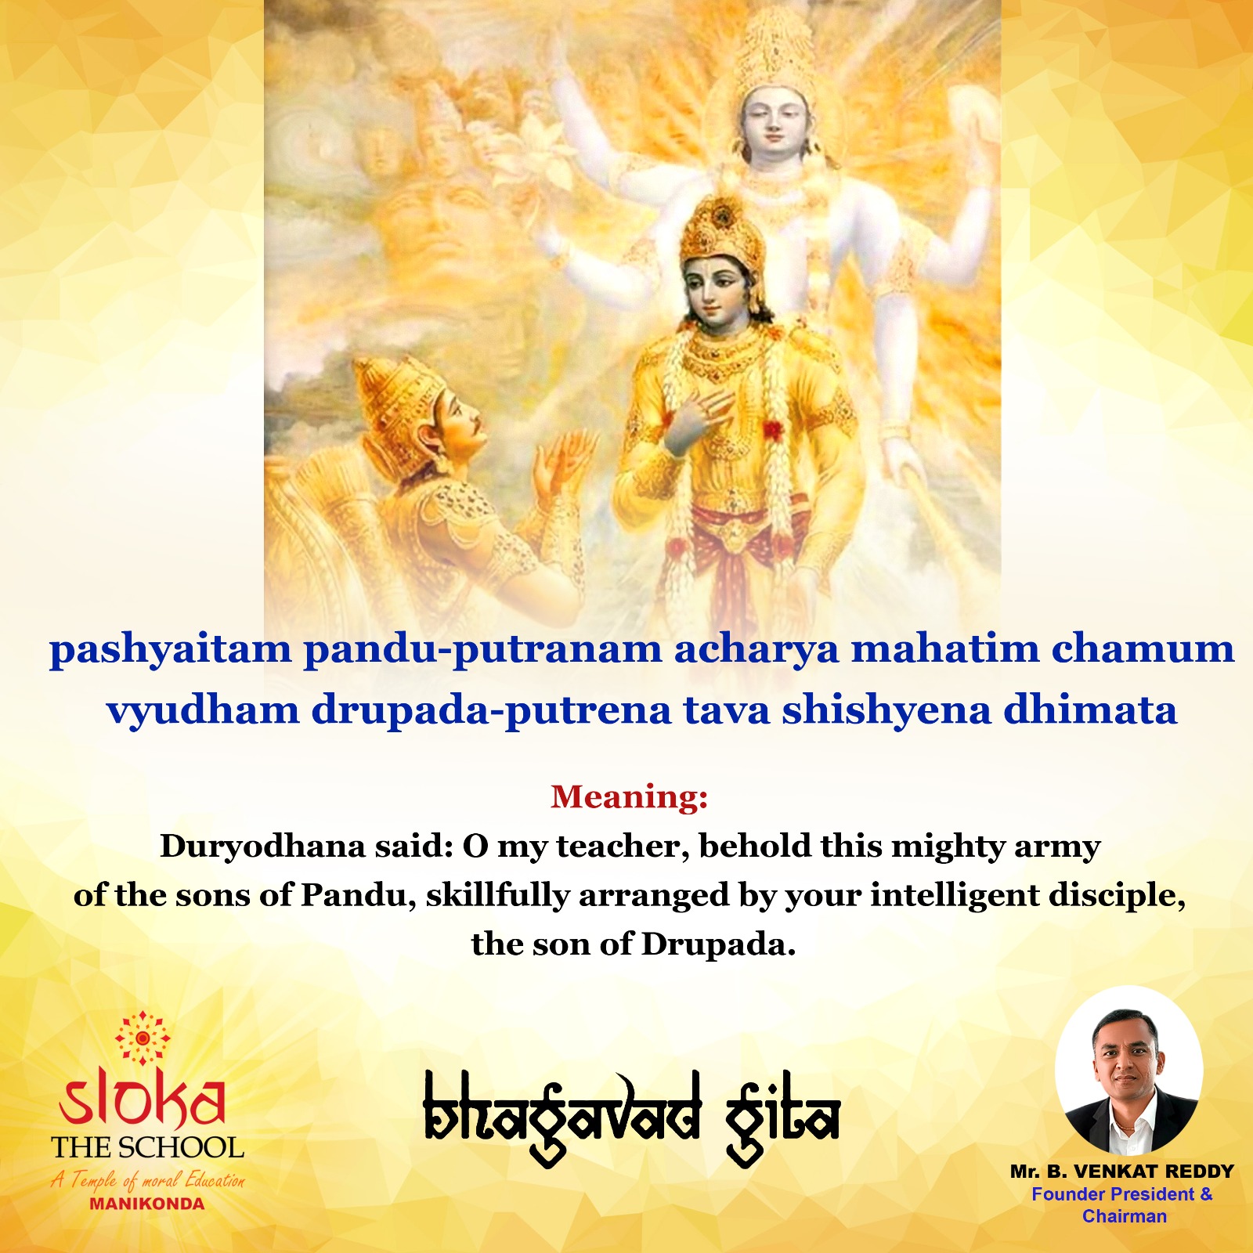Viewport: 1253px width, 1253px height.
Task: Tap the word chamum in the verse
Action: (1143, 648)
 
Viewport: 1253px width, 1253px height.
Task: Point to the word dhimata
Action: (1091, 710)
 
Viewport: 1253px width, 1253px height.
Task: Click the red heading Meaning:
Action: (629, 796)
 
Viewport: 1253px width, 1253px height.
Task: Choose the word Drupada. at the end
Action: (718, 944)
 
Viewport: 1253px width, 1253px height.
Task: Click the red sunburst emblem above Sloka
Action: (143, 1038)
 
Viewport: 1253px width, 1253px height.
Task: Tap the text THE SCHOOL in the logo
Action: (148, 1148)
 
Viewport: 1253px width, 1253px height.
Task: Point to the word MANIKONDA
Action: (147, 1204)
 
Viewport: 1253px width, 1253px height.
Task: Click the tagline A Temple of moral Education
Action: (148, 1179)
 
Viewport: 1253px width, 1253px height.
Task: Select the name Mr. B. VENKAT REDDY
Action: (1121, 1172)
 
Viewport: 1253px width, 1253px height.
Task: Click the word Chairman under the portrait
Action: (1125, 1216)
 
